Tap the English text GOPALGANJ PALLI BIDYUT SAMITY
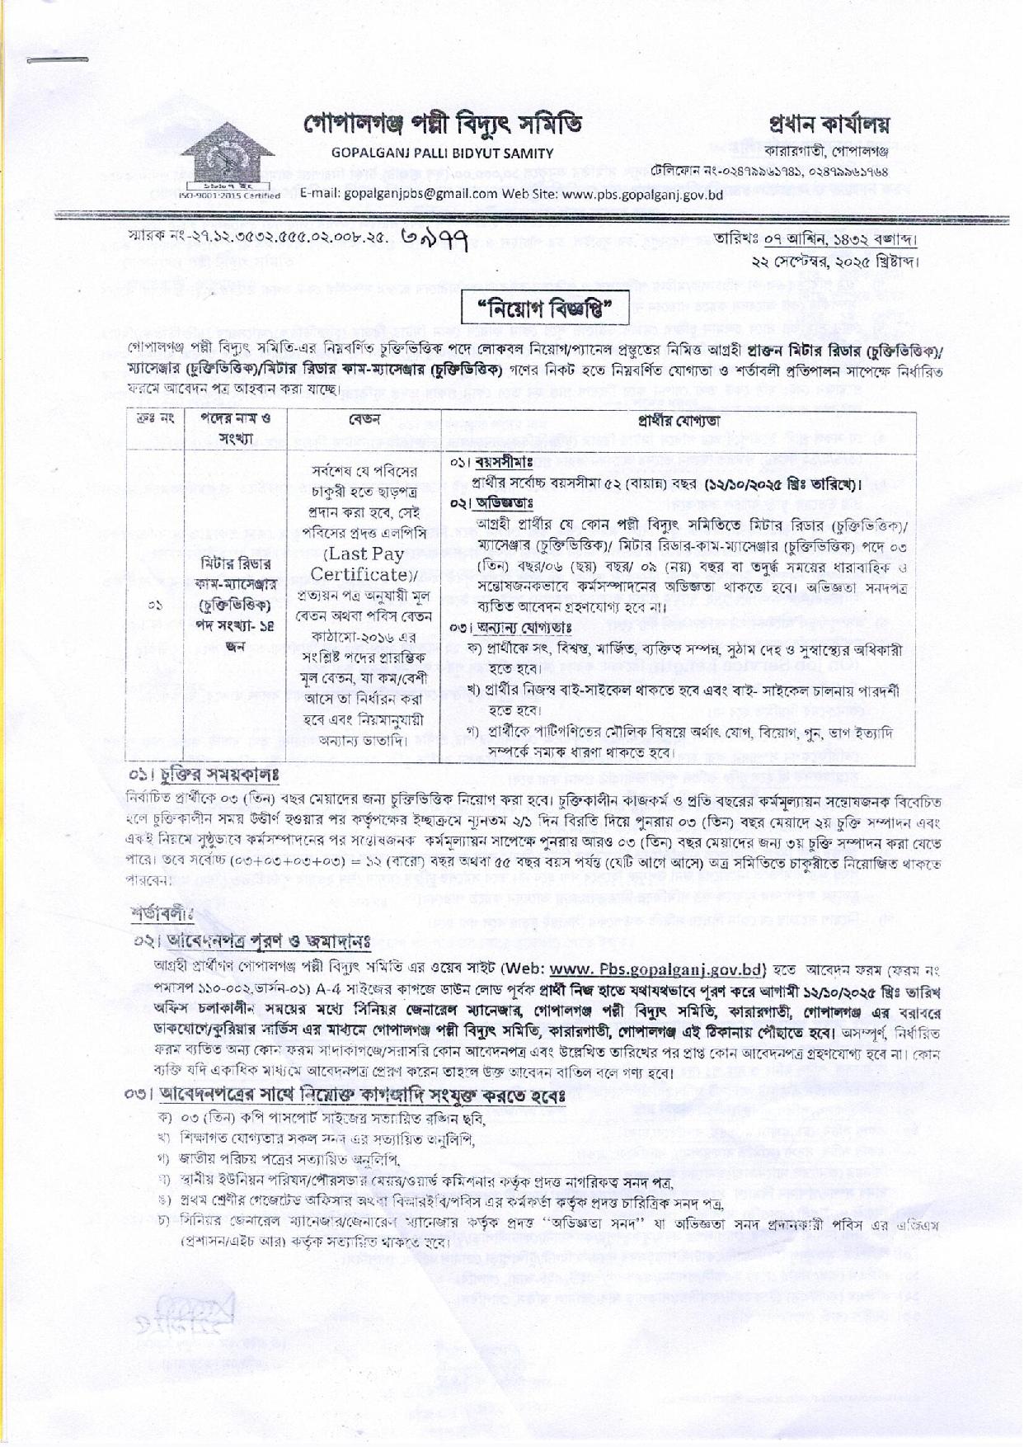[x=442, y=153]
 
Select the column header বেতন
[x=364, y=419]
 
